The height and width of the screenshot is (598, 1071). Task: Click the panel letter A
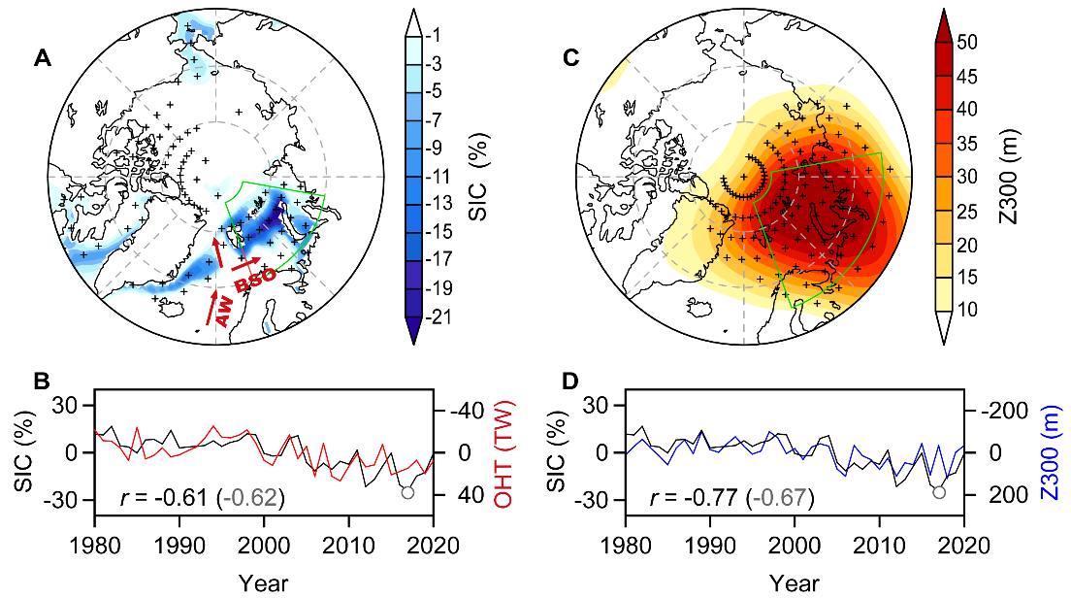coord(42,59)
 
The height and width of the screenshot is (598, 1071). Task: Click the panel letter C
coord(571,59)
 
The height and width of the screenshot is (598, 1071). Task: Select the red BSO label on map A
coord(256,278)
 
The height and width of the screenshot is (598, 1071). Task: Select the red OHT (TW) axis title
coord(503,452)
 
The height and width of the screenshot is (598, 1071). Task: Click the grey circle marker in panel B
coord(406,492)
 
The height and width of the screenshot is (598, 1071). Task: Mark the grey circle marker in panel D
coord(938,492)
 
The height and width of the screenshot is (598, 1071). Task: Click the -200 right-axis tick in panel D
coord(989,410)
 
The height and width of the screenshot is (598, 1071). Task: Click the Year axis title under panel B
coord(264,582)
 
